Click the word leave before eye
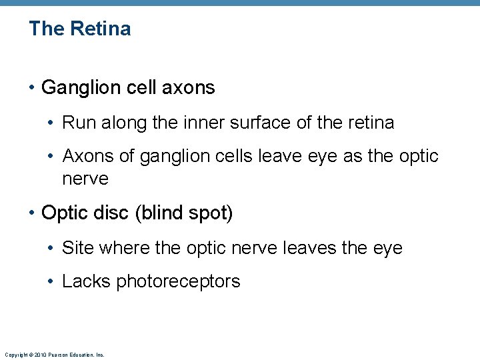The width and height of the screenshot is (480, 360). coord(288,156)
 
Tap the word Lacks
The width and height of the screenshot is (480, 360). coord(87,281)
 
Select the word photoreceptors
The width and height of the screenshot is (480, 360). coord(178,282)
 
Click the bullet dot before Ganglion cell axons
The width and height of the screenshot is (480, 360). coord(32,88)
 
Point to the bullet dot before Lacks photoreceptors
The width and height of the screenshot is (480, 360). coord(53,282)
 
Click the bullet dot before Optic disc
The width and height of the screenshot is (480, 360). coord(32,213)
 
